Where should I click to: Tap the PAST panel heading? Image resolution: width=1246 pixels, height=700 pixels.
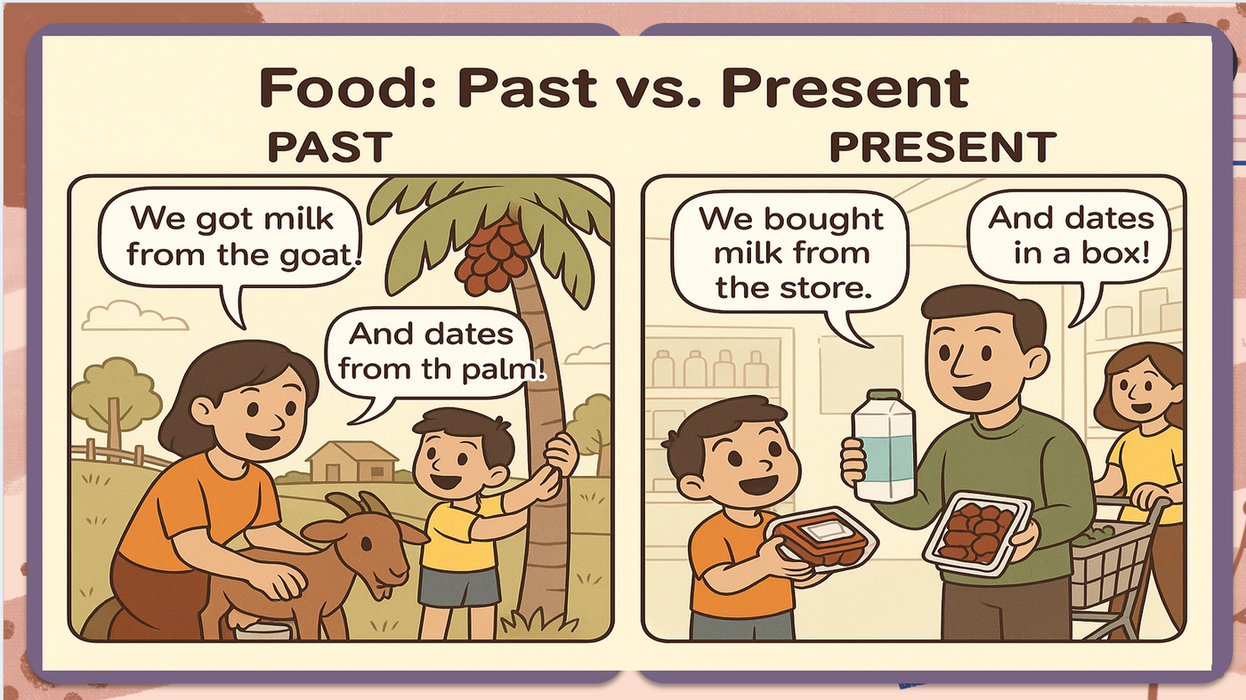(330, 147)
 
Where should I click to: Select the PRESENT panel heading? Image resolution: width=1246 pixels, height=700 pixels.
(943, 147)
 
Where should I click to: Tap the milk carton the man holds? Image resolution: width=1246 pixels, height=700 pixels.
(885, 445)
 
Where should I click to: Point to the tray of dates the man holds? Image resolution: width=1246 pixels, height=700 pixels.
(977, 532)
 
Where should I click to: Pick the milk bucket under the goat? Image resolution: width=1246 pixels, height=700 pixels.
(262, 630)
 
